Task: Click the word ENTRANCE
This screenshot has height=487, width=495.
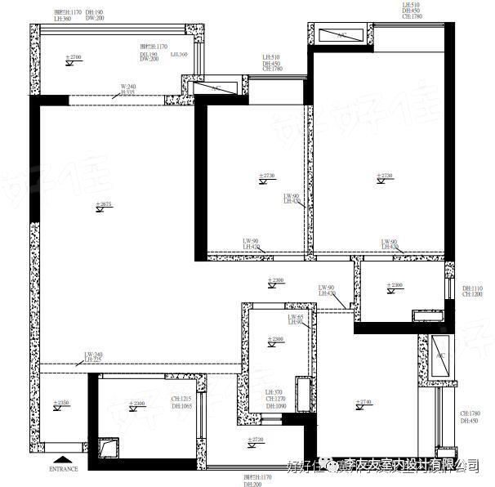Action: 63,469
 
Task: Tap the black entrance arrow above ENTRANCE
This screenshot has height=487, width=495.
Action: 63,460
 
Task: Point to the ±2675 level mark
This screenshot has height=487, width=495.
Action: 103,205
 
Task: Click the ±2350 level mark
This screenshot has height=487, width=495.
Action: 60,404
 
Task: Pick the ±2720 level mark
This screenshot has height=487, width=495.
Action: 255,441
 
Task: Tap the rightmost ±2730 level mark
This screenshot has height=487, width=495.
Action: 384,177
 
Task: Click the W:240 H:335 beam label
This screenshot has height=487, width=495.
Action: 127,89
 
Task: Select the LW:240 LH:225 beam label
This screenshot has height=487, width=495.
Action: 92,356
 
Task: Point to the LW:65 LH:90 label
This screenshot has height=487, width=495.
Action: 295,319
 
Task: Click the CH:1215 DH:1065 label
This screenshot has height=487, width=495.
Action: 181,402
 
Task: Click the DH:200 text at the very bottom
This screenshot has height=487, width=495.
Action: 252,484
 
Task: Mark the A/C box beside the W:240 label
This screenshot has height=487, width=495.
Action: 216,87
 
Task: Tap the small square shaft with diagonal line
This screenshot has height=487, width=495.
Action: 108,449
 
